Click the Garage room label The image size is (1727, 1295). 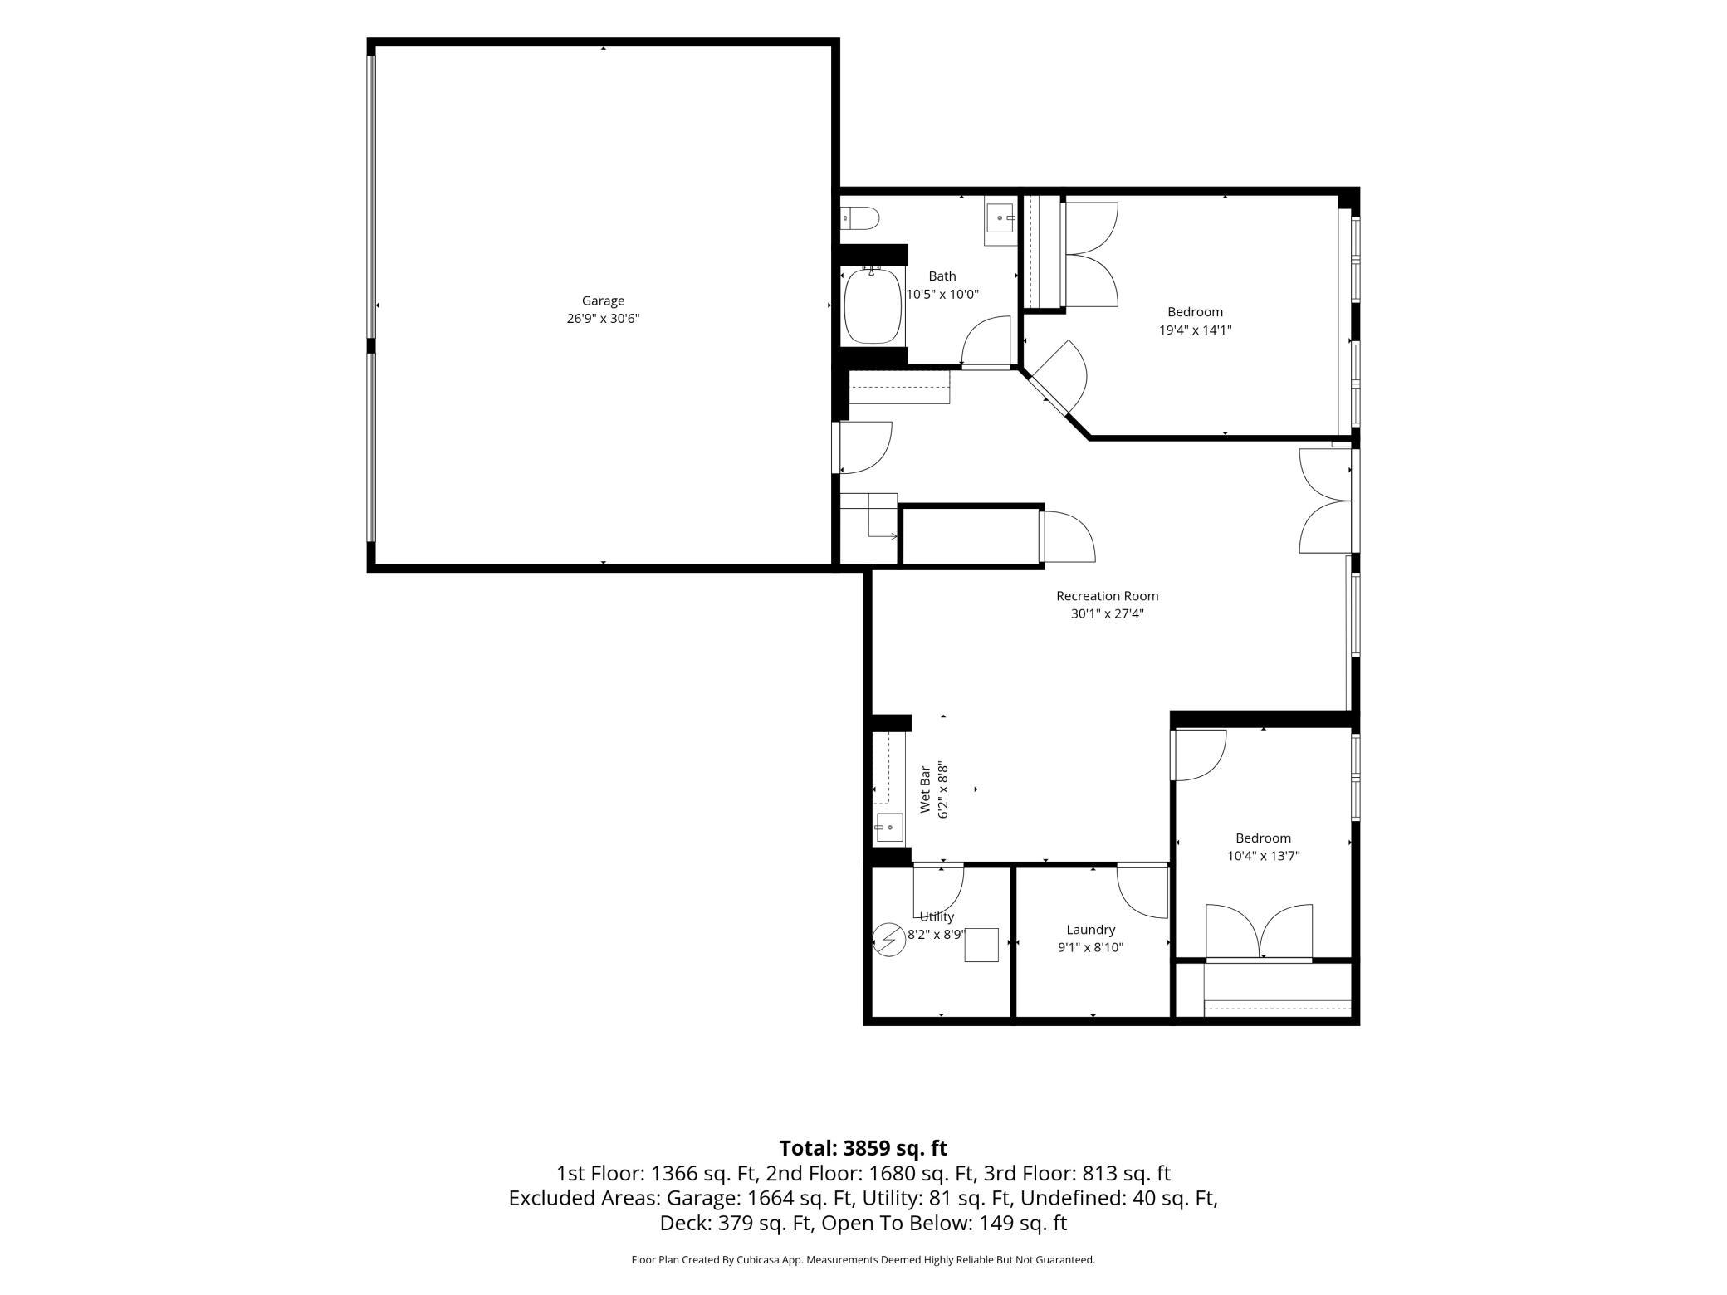pos(603,301)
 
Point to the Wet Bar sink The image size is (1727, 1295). pos(889,828)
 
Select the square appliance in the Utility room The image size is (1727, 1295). pos(981,945)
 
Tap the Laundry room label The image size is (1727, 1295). pos(1090,930)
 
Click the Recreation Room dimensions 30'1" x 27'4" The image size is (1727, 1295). pos(1108,614)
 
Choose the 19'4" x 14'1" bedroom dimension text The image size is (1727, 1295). pos(1195,330)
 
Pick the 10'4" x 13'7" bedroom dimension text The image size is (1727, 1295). pos(1263,856)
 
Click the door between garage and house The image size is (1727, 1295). pos(863,447)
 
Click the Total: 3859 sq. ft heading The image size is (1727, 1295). pos(863,1148)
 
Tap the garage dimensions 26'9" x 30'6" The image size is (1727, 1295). pos(603,319)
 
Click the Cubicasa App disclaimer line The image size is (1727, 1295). pos(863,1260)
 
